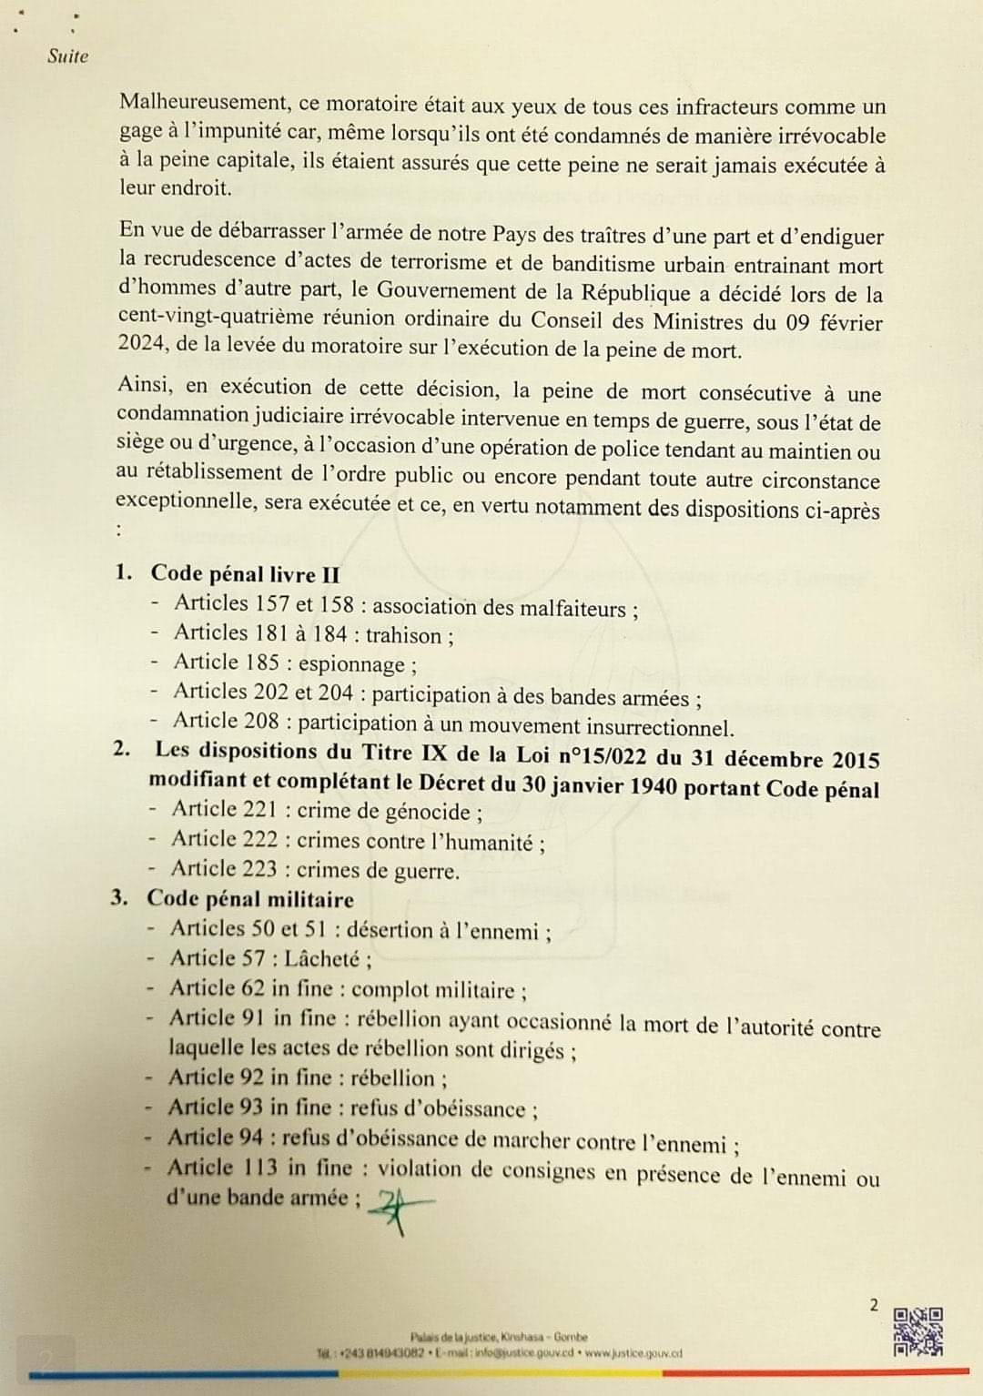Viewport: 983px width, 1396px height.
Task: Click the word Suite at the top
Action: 67,56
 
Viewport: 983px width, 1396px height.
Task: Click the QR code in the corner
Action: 918,1331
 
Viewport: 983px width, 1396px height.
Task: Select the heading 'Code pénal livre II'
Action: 245,574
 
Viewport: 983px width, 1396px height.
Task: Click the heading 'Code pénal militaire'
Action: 250,899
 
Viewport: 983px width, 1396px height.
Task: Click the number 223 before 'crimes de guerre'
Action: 260,869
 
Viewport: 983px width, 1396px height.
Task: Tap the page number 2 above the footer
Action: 874,1305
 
